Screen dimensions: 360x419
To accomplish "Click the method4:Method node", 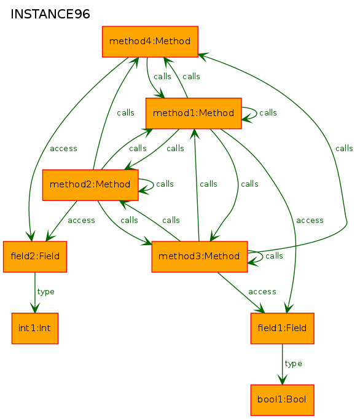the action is coord(150,42).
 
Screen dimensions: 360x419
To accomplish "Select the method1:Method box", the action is coord(194,113).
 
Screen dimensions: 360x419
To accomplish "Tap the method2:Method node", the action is coord(90,185).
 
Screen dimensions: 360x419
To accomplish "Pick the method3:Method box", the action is coord(200,257).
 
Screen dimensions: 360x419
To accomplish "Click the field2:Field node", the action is coord(35,257).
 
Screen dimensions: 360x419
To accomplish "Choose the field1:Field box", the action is coord(282,329).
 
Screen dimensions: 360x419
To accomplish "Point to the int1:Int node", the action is coord(35,329).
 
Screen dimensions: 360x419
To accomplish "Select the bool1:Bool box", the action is coord(282,400).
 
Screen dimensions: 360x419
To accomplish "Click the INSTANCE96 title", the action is coord(50,14).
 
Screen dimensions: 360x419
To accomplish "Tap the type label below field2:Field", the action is coord(45,292).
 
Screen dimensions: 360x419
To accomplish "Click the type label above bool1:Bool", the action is coord(293,364).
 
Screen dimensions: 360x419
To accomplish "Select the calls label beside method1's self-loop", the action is coord(268,113).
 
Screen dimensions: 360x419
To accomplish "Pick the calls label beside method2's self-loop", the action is coord(165,184).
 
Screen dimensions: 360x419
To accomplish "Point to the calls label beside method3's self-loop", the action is coord(274,256).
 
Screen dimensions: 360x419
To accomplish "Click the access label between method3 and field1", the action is coord(262,292).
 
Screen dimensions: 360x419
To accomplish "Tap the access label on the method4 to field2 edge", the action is coord(64,149).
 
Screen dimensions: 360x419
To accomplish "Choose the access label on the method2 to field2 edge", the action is coord(82,221).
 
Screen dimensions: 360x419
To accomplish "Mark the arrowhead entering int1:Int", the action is coord(35,308).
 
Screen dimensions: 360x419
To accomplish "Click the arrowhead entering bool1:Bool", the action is coord(282,380).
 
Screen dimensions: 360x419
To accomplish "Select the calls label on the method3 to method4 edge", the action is coord(344,149).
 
